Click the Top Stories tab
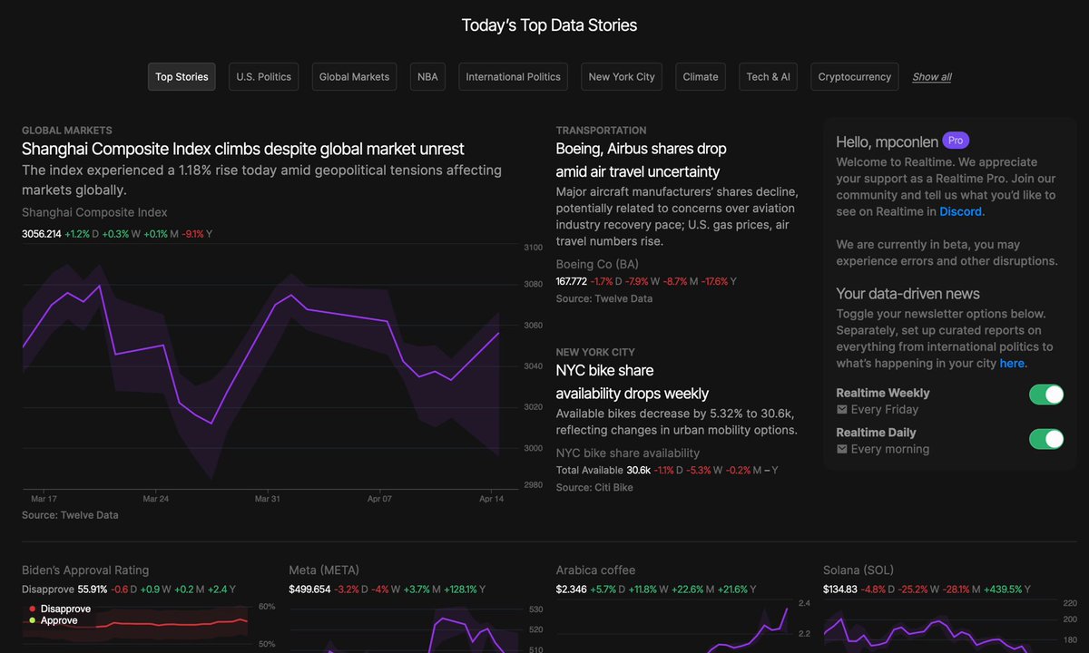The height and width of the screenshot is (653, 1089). tap(181, 77)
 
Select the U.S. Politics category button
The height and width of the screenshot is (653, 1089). tap(263, 77)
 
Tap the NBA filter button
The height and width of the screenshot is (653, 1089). tap(427, 77)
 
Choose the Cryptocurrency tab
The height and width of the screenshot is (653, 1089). tap(854, 77)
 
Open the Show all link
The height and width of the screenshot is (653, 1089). tap(931, 77)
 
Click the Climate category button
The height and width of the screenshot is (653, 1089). tap(700, 77)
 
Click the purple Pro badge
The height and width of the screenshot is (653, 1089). tap(956, 141)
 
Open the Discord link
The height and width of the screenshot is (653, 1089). tap(960, 212)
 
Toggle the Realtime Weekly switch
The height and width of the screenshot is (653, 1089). tap(1046, 395)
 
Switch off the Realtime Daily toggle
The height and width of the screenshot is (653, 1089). tap(1046, 439)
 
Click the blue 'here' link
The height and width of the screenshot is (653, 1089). tap(1012, 364)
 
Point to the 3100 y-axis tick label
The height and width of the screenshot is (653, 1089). tap(533, 248)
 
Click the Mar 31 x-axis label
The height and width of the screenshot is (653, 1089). tap(268, 499)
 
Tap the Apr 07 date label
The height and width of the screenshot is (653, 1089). tap(379, 499)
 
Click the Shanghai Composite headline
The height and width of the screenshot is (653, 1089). tap(242, 149)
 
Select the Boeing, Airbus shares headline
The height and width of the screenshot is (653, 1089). tap(641, 160)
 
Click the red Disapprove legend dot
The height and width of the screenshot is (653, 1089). tap(32, 609)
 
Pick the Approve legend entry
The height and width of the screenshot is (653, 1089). tap(53, 620)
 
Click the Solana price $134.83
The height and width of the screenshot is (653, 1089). tap(839, 590)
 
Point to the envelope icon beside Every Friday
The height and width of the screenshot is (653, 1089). tap(841, 410)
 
